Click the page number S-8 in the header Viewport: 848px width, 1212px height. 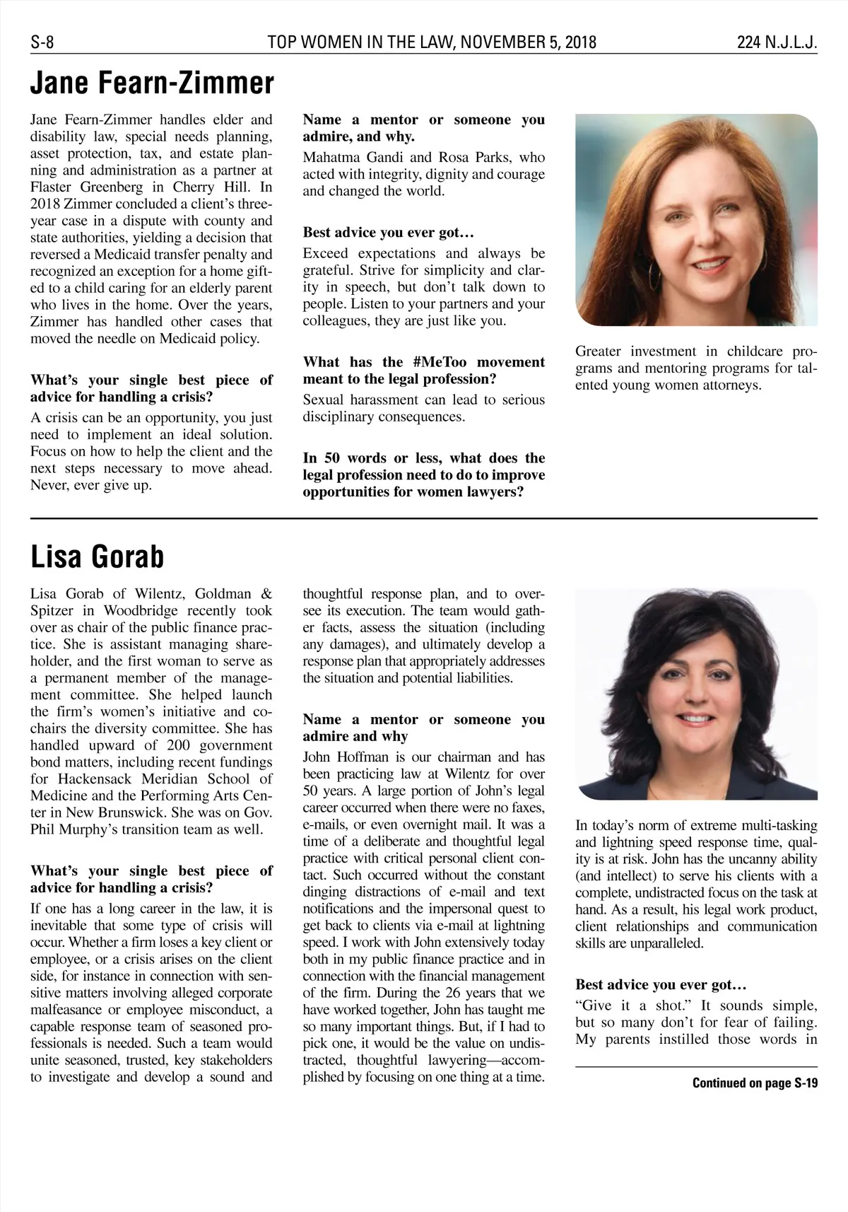tap(42, 43)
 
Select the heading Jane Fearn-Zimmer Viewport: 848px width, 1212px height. tap(152, 83)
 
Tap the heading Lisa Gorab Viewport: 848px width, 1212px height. tap(97, 557)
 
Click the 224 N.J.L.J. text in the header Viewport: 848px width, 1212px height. tap(777, 43)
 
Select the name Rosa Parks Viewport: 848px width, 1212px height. tap(478, 157)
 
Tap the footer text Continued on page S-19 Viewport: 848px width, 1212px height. tap(754, 1083)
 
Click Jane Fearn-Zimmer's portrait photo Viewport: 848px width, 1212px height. tap(696, 220)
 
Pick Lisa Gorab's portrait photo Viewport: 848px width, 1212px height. tap(696, 694)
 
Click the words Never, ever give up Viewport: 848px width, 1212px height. tap(91, 486)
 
